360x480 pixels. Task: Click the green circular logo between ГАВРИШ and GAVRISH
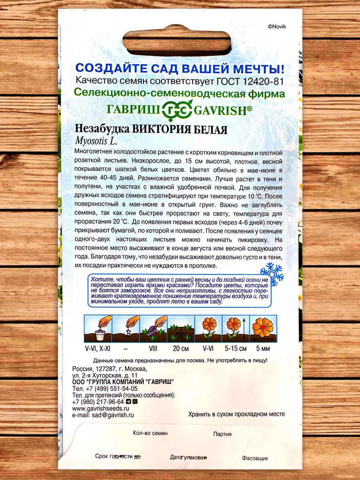point(178,111)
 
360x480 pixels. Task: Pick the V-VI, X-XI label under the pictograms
point(98,348)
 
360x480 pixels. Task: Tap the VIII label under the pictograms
point(153,348)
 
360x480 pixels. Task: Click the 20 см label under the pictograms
point(181,348)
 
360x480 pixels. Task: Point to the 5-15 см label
point(236,348)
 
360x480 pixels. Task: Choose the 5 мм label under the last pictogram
point(263,348)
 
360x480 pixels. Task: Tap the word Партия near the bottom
point(222,434)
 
